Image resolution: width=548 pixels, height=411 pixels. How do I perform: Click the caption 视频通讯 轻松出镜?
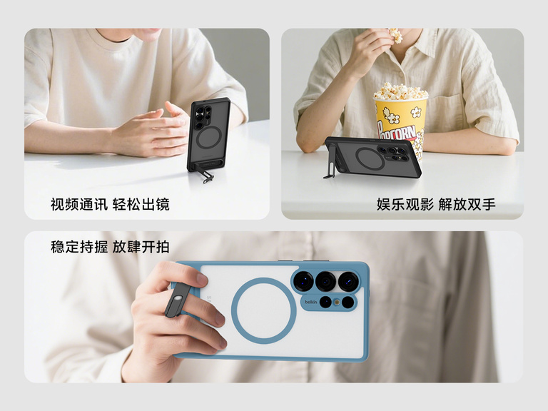point(110,205)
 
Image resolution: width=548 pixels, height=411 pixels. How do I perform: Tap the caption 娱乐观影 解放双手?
point(436,205)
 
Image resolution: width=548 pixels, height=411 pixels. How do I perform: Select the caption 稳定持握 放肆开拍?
point(110,247)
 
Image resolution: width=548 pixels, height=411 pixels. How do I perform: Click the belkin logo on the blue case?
point(310,302)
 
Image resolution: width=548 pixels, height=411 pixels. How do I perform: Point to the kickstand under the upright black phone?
point(205,173)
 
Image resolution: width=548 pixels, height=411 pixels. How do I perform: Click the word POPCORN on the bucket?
point(397,132)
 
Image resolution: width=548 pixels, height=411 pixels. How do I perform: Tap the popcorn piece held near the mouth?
point(396,35)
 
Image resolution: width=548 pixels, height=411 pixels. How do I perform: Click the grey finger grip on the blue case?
point(178,300)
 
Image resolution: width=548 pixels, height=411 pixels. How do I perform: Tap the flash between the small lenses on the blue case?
point(337,302)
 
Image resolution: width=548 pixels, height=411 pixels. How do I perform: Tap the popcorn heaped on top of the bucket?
point(400,91)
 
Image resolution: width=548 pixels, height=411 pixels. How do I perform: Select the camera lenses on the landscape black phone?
point(394,153)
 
